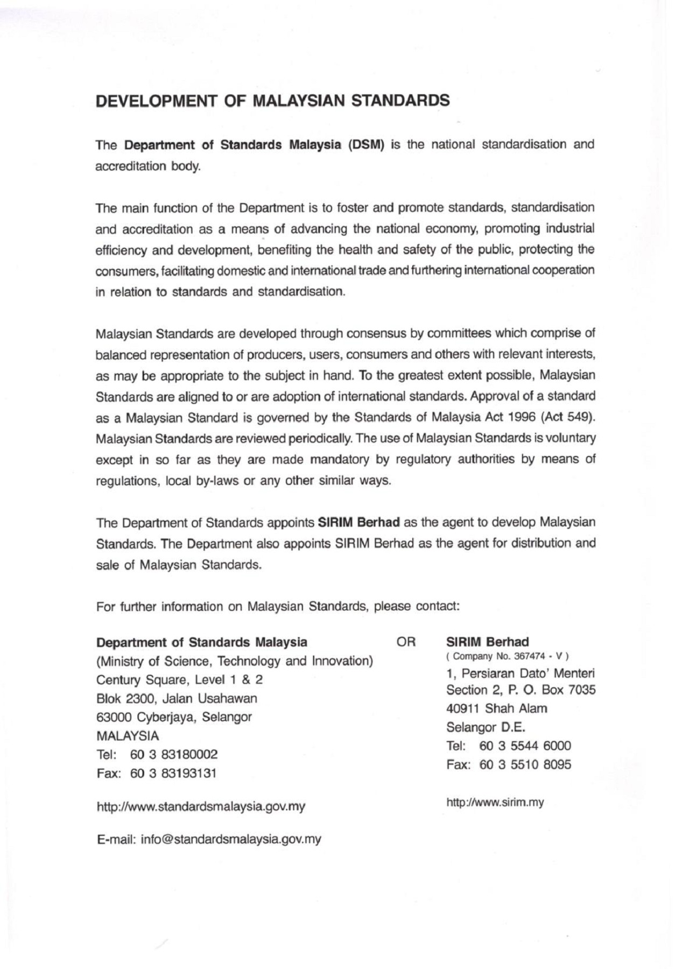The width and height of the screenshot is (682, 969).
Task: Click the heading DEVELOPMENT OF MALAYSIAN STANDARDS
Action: [x=272, y=101]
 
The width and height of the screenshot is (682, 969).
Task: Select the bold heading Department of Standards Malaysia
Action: [x=202, y=642]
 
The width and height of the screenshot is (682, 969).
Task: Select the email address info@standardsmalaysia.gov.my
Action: [x=231, y=839]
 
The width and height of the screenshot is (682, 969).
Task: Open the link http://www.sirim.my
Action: [x=495, y=803]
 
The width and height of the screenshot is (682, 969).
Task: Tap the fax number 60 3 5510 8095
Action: [x=525, y=764]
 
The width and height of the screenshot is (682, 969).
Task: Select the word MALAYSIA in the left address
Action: [x=127, y=735]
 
